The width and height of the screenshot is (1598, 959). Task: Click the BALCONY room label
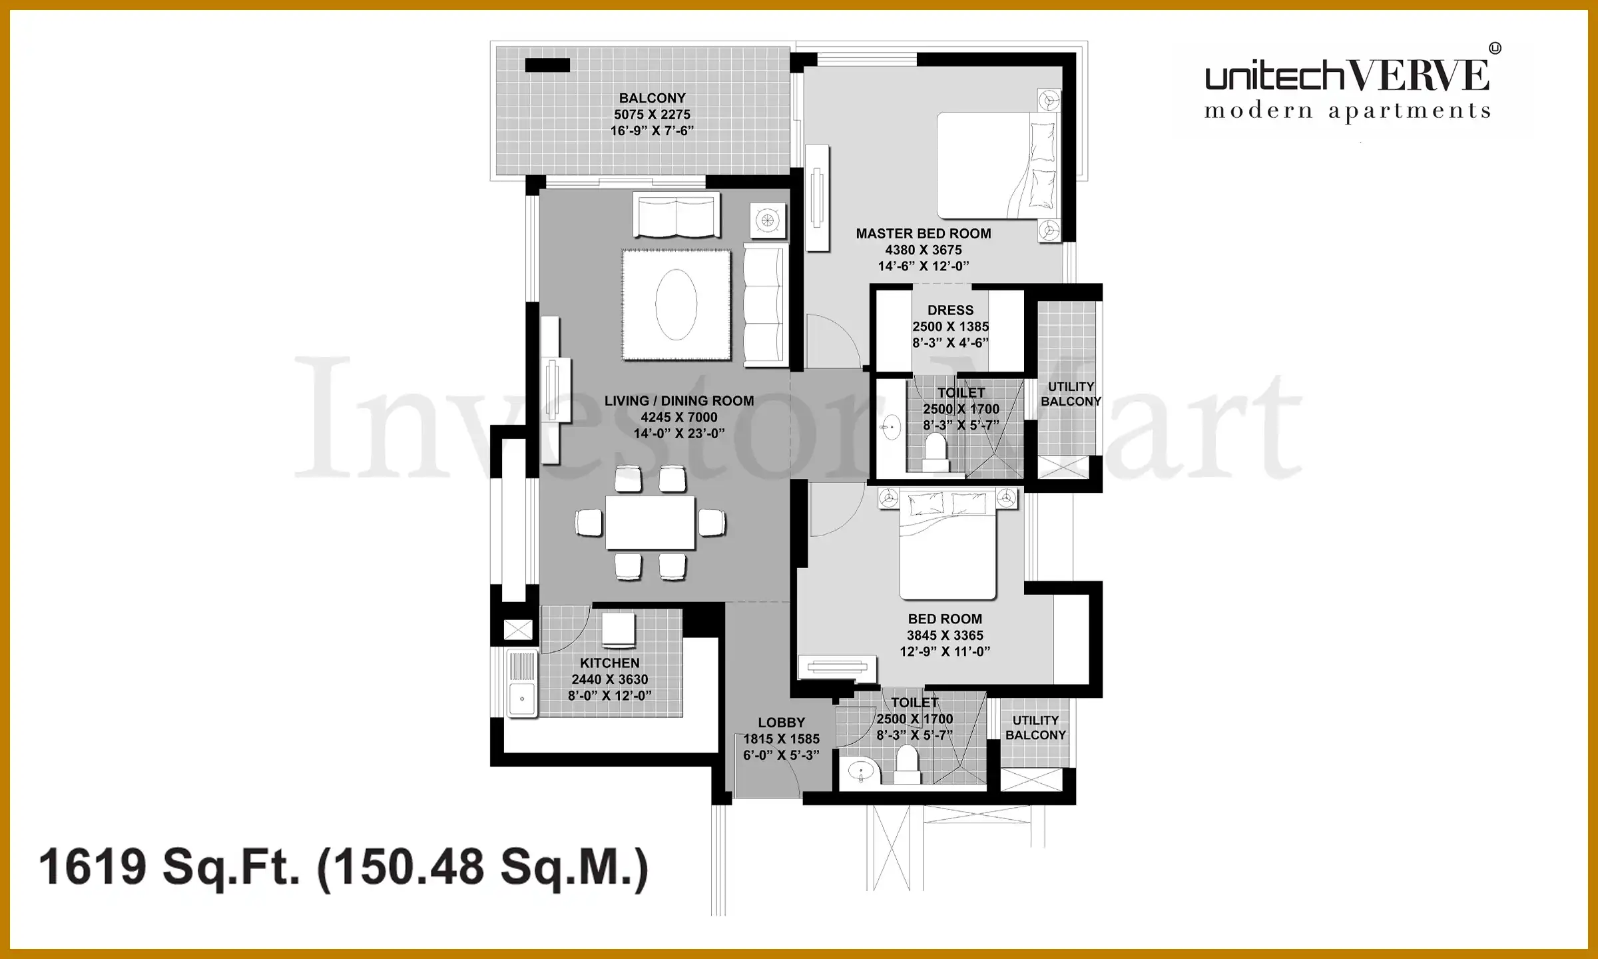652,98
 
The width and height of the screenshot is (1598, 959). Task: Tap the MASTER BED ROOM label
924,234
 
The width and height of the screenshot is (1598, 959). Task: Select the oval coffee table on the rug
676,304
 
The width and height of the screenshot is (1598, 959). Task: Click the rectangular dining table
651,523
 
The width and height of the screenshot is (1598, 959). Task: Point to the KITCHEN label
610,663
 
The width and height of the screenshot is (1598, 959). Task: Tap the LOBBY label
782,723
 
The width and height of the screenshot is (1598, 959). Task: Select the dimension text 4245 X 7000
679,418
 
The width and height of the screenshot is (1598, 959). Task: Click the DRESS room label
950,310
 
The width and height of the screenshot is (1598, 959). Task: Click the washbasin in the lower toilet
861,772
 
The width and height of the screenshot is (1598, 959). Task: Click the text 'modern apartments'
1348,111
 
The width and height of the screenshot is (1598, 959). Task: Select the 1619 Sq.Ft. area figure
170,867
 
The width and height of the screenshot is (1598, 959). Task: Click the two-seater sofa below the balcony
676,215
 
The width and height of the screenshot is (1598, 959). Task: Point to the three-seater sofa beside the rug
766,305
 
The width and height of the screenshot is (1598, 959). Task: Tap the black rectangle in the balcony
547,65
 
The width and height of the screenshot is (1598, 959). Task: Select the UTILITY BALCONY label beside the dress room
1071,394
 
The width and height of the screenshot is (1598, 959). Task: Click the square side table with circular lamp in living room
768,220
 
